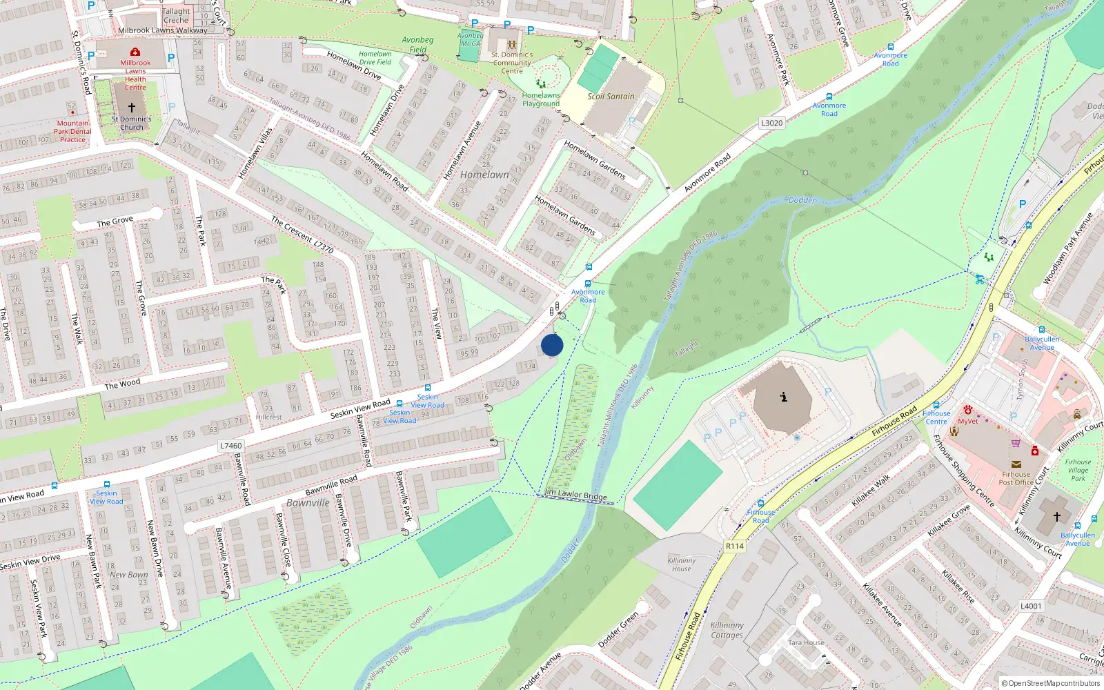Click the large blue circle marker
(x=552, y=345)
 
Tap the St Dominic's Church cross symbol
(x=131, y=108)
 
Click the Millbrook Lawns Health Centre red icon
(x=135, y=52)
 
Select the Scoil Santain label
(x=611, y=97)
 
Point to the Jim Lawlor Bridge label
(x=576, y=495)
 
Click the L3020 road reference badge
(x=771, y=123)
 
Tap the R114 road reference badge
(x=735, y=546)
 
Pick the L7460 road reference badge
(x=230, y=446)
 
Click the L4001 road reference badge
(x=1031, y=606)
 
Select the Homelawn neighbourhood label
(x=484, y=175)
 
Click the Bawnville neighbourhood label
(x=308, y=503)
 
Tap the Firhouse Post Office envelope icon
(x=1016, y=464)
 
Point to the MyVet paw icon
(x=968, y=410)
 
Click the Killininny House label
(x=682, y=564)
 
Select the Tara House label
(x=806, y=642)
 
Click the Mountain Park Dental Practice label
(x=72, y=131)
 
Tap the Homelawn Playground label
(x=541, y=99)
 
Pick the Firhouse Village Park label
(x=1078, y=470)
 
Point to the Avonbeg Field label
(x=417, y=44)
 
